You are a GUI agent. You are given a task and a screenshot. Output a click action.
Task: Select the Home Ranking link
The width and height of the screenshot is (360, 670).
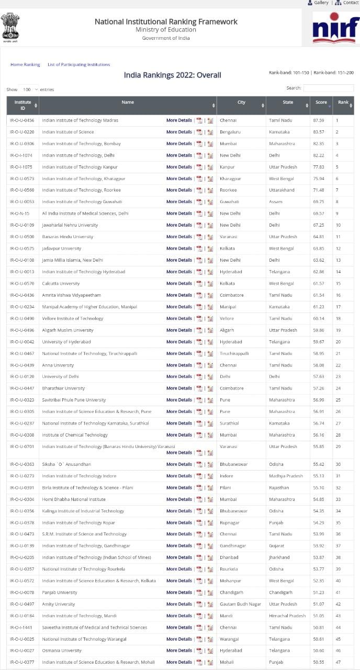25,64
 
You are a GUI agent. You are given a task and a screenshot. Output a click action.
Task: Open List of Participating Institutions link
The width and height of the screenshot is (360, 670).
78,64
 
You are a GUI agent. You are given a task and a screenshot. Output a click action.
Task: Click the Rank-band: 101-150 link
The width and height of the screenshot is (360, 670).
289,72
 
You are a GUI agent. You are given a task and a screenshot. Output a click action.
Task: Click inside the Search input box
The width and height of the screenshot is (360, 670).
328,88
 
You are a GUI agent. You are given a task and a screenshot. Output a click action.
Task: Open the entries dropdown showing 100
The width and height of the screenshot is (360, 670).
29,90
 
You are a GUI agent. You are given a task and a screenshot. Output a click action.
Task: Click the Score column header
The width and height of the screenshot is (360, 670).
321,103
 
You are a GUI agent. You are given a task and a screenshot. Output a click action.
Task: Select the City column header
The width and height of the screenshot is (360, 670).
241,103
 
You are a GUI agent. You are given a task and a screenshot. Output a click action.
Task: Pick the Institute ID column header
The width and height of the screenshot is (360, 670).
22,105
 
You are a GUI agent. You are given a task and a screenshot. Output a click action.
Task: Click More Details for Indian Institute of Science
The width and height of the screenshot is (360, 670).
179,132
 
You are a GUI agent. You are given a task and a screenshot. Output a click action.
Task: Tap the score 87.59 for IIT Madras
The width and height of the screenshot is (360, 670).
319,120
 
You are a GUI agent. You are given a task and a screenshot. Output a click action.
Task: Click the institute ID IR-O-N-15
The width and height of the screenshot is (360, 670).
20,214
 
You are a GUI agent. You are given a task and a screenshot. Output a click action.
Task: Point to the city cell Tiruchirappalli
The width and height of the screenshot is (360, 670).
234,353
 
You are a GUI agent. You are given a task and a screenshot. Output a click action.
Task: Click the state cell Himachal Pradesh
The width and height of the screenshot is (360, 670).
287,616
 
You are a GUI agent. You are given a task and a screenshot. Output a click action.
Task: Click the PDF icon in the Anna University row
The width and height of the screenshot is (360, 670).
199,365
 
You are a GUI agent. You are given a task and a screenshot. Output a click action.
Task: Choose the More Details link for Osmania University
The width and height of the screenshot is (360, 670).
179,651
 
